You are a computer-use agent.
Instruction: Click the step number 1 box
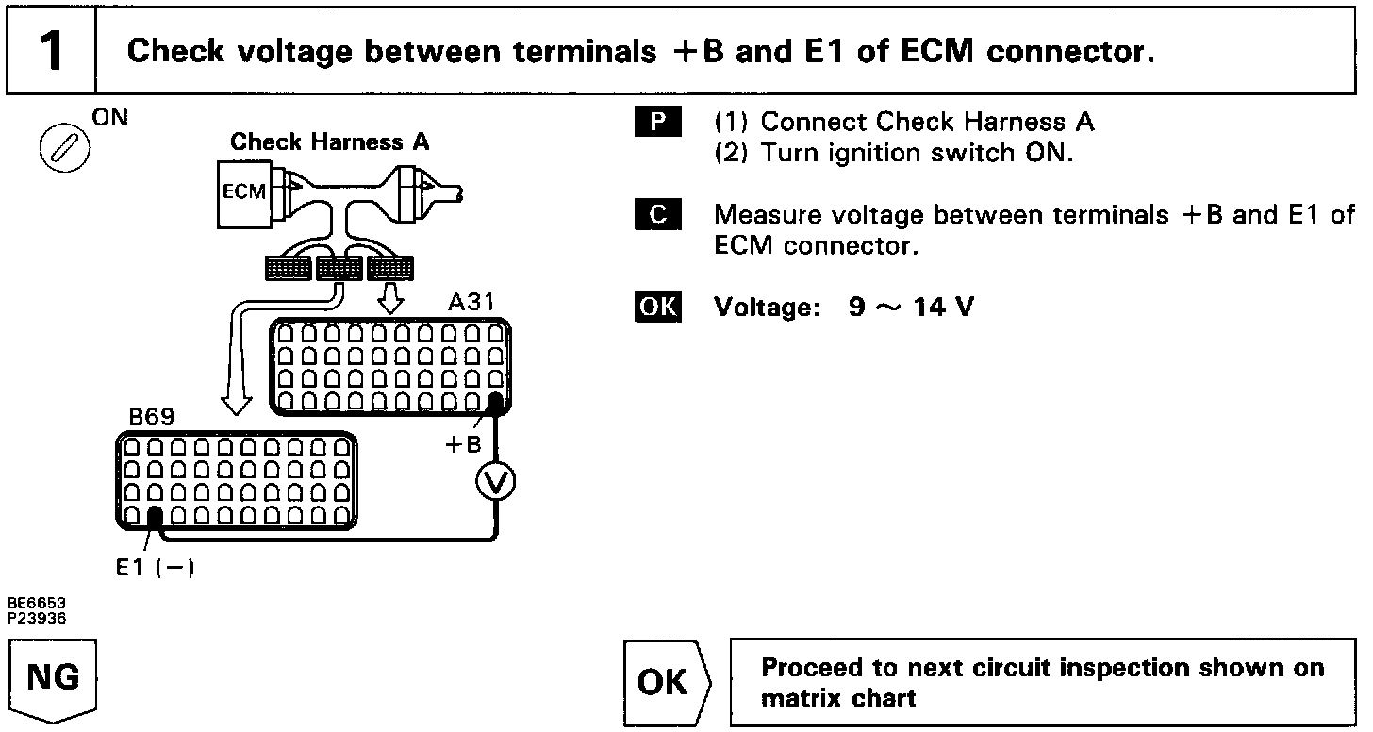tap(52, 51)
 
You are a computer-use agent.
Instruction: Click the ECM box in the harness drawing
tap(243, 192)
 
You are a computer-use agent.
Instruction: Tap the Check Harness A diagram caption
tap(329, 142)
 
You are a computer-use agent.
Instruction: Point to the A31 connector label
tap(470, 304)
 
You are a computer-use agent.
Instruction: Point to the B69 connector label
tap(151, 417)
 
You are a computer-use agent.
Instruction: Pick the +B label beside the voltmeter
tap(463, 444)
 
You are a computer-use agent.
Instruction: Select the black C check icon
tap(658, 215)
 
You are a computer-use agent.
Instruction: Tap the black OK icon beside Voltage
tap(658, 308)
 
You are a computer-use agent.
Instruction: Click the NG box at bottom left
tap(54, 679)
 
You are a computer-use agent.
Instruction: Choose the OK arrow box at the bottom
tap(667, 681)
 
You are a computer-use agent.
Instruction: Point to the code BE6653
tap(38, 602)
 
